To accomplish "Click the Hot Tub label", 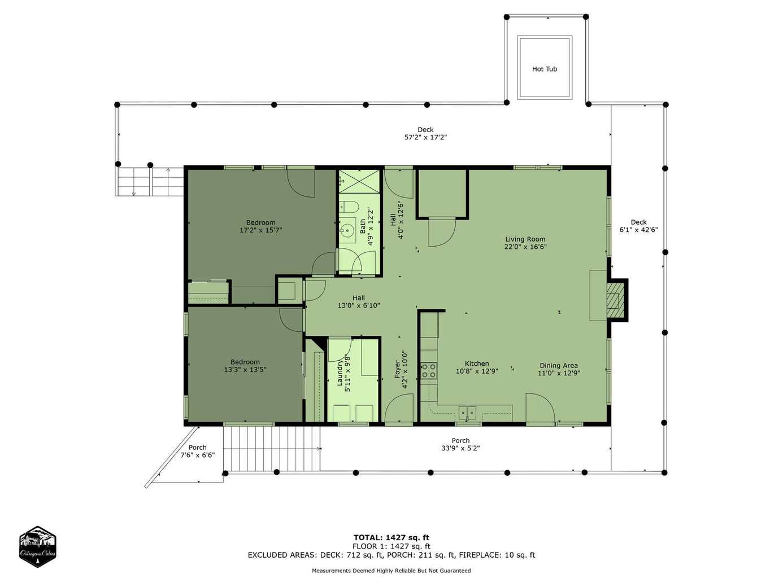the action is (x=544, y=69).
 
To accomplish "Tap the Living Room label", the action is (x=525, y=239).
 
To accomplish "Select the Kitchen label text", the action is (x=477, y=363).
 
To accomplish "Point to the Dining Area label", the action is (x=559, y=365).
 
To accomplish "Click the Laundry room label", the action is (x=340, y=373).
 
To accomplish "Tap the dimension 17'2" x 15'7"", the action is (x=261, y=230).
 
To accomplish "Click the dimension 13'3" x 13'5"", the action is (x=245, y=370).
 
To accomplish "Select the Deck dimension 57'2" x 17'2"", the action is (x=425, y=137).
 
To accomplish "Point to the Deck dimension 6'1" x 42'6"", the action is (x=638, y=230).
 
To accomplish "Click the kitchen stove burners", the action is (x=428, y=370).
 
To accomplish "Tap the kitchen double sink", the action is (x=467, y=413).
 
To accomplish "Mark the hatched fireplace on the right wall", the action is (x=616, y=300).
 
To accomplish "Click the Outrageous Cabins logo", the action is (x=37, y=546).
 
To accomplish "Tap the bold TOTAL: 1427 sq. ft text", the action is (x=391, y=537).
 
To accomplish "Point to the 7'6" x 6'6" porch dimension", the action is (x=198, y=455).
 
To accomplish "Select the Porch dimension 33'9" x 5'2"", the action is (x=460, y=448).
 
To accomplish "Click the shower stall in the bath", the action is (x=359, y=181).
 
